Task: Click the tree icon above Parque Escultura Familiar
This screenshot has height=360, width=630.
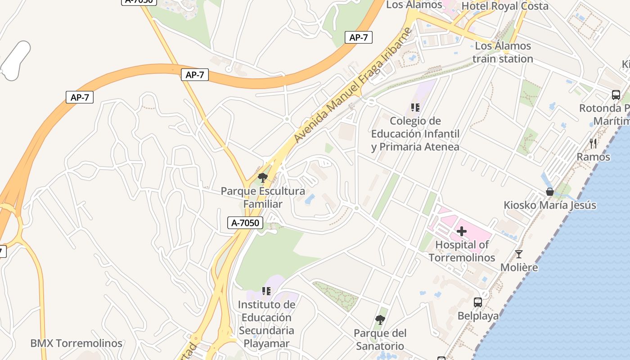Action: [262, 178]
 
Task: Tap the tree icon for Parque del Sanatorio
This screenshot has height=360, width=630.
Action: [380, 320]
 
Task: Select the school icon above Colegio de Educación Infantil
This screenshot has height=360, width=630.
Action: [415, 108]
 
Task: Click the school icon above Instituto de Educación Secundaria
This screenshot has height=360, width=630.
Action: [266, 291]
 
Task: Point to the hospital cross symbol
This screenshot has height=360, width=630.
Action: [462, 231]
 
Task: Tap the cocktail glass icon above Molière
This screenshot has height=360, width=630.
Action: [519, 254]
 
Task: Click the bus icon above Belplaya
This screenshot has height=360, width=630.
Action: [478, 302]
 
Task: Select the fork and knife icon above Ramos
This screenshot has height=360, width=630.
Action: [593, 144]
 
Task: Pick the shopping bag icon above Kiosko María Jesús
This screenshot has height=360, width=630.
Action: [549, 192]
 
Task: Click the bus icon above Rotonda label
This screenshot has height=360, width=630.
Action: [616, 95]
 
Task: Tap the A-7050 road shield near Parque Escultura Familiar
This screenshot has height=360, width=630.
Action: [245, 222]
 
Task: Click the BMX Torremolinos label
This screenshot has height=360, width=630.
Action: [76, 343]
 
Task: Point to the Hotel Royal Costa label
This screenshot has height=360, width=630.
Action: [505, 6]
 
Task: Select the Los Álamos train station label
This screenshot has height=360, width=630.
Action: [503, 52]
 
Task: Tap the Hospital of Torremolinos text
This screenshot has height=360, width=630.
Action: [462, 251]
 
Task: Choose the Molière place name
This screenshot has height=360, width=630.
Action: [519, 267]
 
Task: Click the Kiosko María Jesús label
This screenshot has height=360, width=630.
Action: [549, 205]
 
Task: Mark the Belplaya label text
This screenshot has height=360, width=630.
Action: [478, 316]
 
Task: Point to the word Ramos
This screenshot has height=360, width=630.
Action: [593, 157]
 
